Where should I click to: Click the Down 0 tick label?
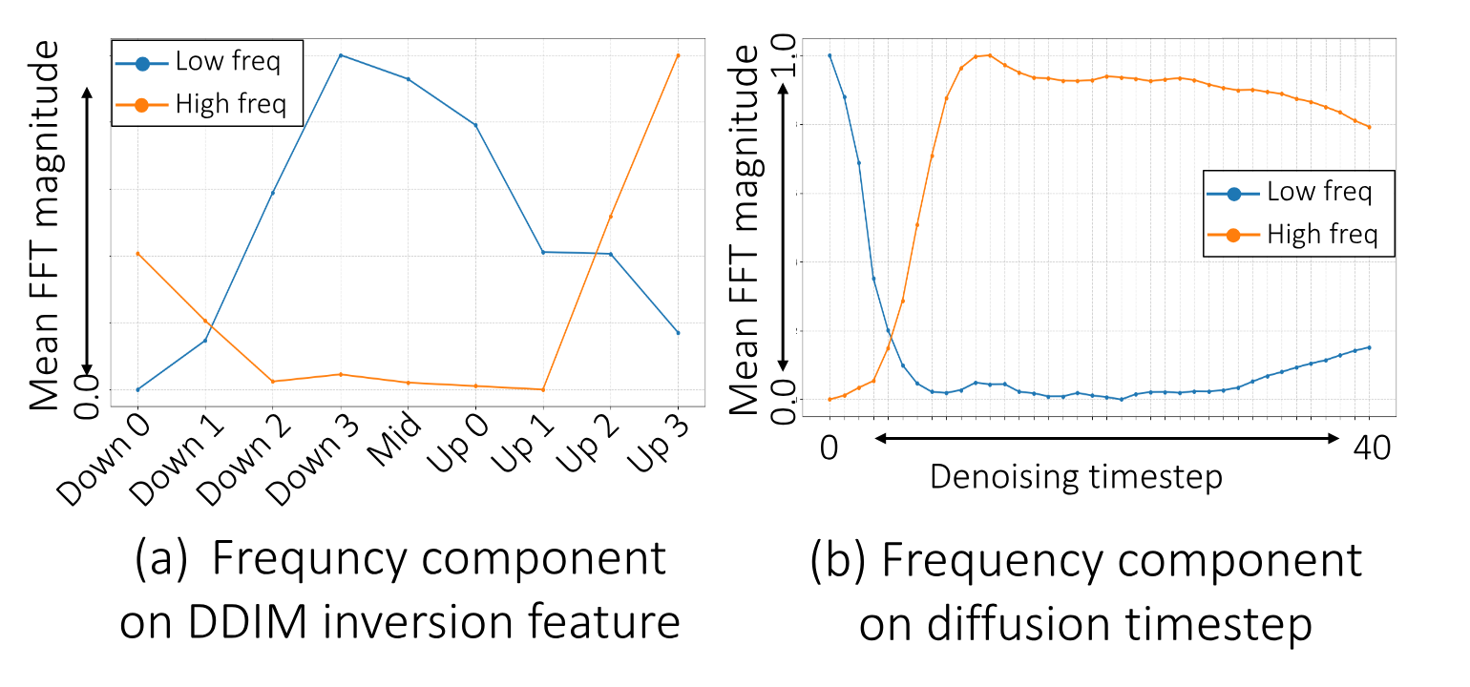pyautogui.click(x=102, y=460)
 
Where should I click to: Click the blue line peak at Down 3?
pyautogui.click(x=341, y=55)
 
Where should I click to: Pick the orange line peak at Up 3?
pyautogui.click(x=678, y=55)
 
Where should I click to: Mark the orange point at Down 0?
pyautogui.click(x=138, y=254)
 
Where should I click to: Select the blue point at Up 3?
pyautogui.click(x=678, y=333)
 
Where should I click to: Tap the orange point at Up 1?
pyautogui.click(x=543, y=389)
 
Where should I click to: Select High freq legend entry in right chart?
pyautogui.click(x=1321, y=234)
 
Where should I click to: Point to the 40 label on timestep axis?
pyautogui.click(x=1370, y=448)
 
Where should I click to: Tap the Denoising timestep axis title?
pyautogui.click(x=1076, y=475)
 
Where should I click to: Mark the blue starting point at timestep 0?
pyautogui.click(x=829, y=55)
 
